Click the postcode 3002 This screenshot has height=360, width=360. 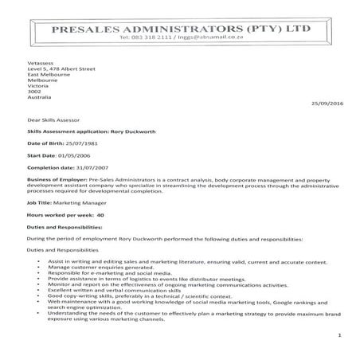coord(33,92)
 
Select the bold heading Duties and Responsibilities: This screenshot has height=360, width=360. coord(61,226)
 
